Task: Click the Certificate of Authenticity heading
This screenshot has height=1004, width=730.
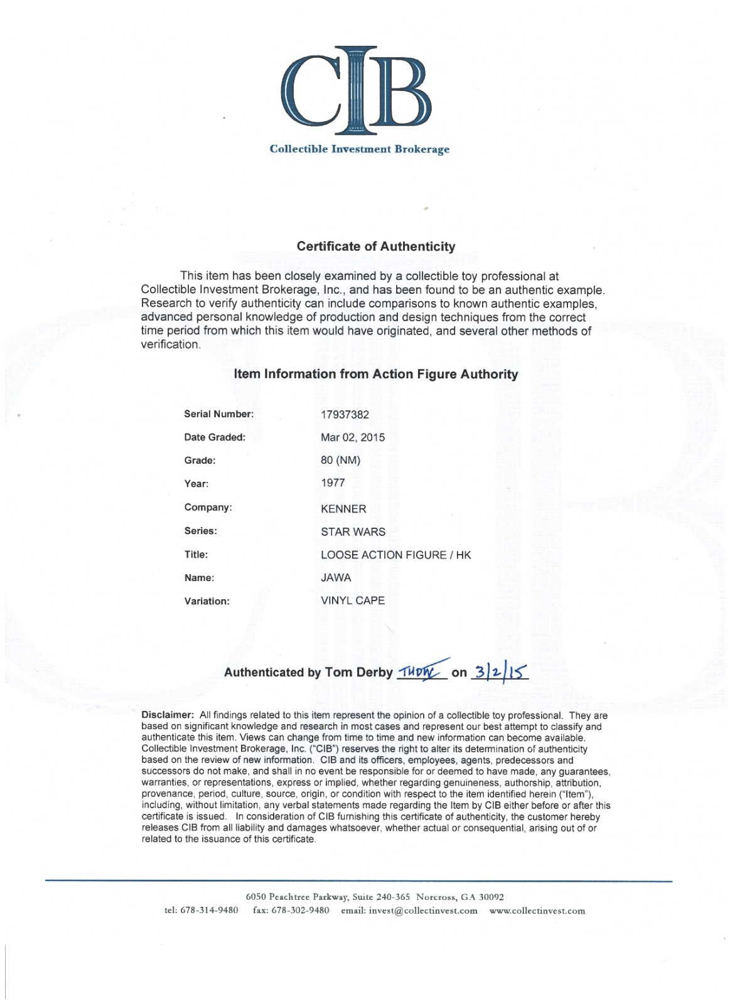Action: [376, 247]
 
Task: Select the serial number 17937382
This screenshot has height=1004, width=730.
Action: [345, 415]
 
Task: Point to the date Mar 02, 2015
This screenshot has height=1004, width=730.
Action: [353, 437]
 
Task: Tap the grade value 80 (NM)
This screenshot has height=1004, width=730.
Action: [340, 460]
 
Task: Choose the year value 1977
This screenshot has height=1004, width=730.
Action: [333, 483]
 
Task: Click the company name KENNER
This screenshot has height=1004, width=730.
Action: [343, 509]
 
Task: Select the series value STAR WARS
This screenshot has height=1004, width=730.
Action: [353, 532]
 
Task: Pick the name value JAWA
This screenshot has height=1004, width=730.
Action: [336, 578]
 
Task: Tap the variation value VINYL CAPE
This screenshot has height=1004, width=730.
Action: [353, 601]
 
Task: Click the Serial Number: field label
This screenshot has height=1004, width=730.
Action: [218, 414]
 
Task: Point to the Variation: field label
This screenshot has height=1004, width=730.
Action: [207, 601]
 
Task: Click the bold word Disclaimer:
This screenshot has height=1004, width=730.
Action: [168, 715]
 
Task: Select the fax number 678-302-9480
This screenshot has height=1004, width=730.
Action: [300, 911]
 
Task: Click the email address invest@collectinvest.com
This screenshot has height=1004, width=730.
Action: [423, 911]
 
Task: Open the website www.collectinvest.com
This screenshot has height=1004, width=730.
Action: [537, 911]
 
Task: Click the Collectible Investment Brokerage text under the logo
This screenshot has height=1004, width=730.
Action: [359, 149]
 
